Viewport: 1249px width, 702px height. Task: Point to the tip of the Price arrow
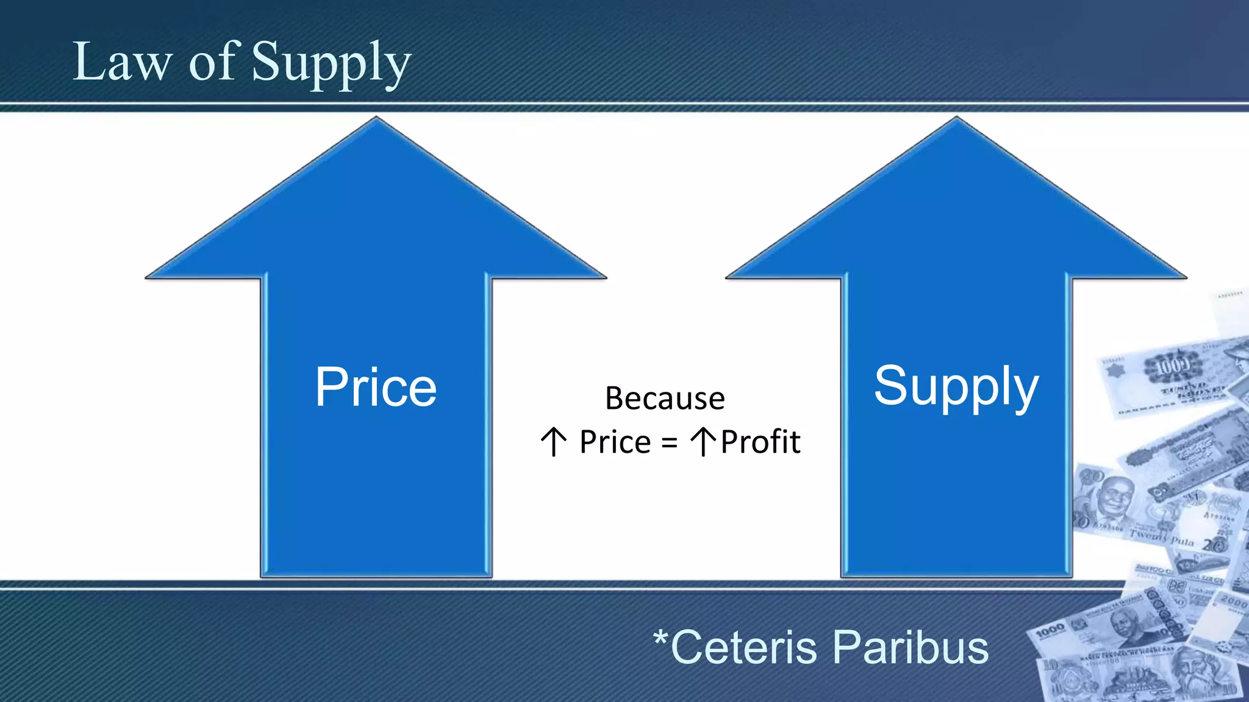[x=376, y=118]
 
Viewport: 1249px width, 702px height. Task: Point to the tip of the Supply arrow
[x=956, y=118]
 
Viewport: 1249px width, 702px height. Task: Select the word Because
[x=665, y=399]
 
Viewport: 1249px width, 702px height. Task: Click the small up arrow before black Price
[x=554, y=442]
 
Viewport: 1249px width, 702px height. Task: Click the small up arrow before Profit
[x=703, y=442]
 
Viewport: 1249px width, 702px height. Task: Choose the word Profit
[x=760, y=442]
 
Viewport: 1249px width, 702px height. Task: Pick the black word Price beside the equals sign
[x=615, y=442]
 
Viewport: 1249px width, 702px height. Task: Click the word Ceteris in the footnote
[x=744, y=647]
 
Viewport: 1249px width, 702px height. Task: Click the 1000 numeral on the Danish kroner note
[x=1173, y=366]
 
